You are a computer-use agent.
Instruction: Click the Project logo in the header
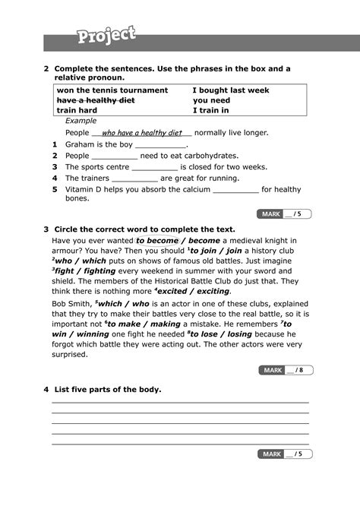[106, 35]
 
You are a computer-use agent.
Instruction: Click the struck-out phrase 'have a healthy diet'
[96, 100]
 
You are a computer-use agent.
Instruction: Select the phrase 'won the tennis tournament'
[112, 90]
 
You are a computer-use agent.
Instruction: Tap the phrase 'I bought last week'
[231, 90]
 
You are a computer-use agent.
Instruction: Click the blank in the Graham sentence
[160, 144]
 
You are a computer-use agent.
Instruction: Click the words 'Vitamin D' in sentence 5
[84, 190]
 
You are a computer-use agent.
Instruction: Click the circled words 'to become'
[157, 240]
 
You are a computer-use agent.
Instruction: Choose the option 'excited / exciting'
[199, 291]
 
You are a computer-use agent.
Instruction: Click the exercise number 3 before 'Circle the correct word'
[46, 229]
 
